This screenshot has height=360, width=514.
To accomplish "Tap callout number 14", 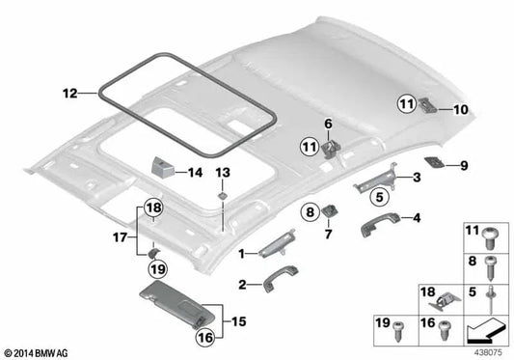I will pos(196,174).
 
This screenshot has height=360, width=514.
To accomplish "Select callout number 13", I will pos(223,172).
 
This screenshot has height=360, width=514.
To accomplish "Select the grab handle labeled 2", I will pos(272,283).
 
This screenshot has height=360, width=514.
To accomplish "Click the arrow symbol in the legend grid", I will pos(487,331).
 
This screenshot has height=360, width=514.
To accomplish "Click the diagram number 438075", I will pos(489,351).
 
